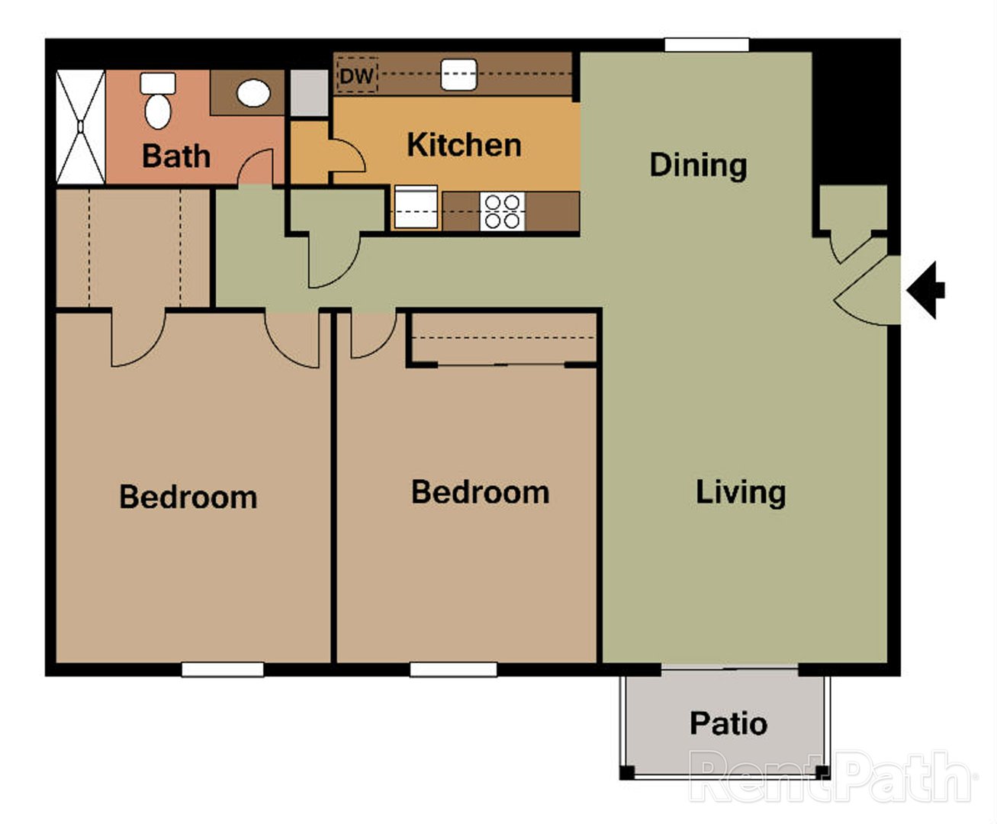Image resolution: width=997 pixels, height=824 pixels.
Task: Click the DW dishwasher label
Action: (356, 76)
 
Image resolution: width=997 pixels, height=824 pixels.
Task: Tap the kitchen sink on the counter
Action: (459, 75)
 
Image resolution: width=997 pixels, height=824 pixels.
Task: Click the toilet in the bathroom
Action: (158, 101)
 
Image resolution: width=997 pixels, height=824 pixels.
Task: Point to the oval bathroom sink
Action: (253, 93)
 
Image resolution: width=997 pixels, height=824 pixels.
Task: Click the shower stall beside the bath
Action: (81, 127)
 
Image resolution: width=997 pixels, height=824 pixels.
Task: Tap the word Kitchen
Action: (464, 145)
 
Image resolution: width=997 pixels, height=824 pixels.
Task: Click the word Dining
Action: (698, 165)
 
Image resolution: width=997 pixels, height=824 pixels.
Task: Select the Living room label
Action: (740, 492)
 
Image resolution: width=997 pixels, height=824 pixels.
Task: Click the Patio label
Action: (728, 723)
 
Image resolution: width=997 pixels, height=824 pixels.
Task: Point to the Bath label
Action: (176, 156)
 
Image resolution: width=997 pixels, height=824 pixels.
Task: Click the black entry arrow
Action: (926, 290)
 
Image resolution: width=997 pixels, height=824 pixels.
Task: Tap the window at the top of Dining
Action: (706, 45)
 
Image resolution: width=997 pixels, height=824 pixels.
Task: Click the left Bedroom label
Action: (188, 497)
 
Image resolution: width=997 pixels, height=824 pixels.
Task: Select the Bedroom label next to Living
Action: (480, 492)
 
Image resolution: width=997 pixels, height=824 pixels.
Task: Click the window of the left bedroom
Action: (222, 669)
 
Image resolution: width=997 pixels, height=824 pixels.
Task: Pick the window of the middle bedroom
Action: (453, 669)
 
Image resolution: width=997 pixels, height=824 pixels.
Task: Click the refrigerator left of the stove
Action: (416, 208)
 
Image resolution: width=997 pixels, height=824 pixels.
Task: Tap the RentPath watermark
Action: (831, 777)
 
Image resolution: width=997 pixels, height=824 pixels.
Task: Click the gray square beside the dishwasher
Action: (309, 93)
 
